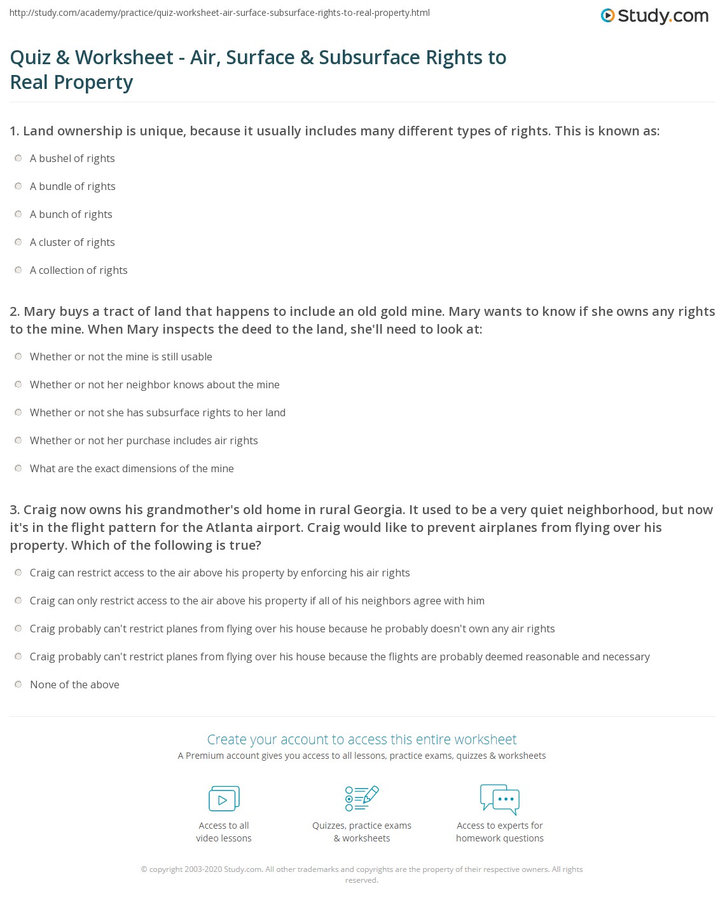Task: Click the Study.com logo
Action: (654, 16)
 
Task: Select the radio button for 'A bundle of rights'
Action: (18, 186)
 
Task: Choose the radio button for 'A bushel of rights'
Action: (18, 158)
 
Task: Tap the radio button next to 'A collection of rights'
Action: (18, 270)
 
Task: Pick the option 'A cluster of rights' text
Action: (72, 242)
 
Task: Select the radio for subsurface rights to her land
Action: (18, 412)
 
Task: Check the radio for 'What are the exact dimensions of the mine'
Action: (18, 468)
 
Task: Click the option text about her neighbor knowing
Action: (155, 384)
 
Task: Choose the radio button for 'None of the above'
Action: (18, 684)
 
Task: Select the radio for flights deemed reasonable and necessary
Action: (18, 657)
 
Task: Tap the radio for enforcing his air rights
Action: (18, 573)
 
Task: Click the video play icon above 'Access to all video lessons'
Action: (224, 799)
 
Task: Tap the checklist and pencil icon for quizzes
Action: (361, 798)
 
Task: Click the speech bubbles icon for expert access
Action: (500, 799)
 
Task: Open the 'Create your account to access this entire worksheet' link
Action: (362, 739)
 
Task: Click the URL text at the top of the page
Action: (219, 13)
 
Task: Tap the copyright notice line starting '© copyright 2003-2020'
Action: (361, 869)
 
